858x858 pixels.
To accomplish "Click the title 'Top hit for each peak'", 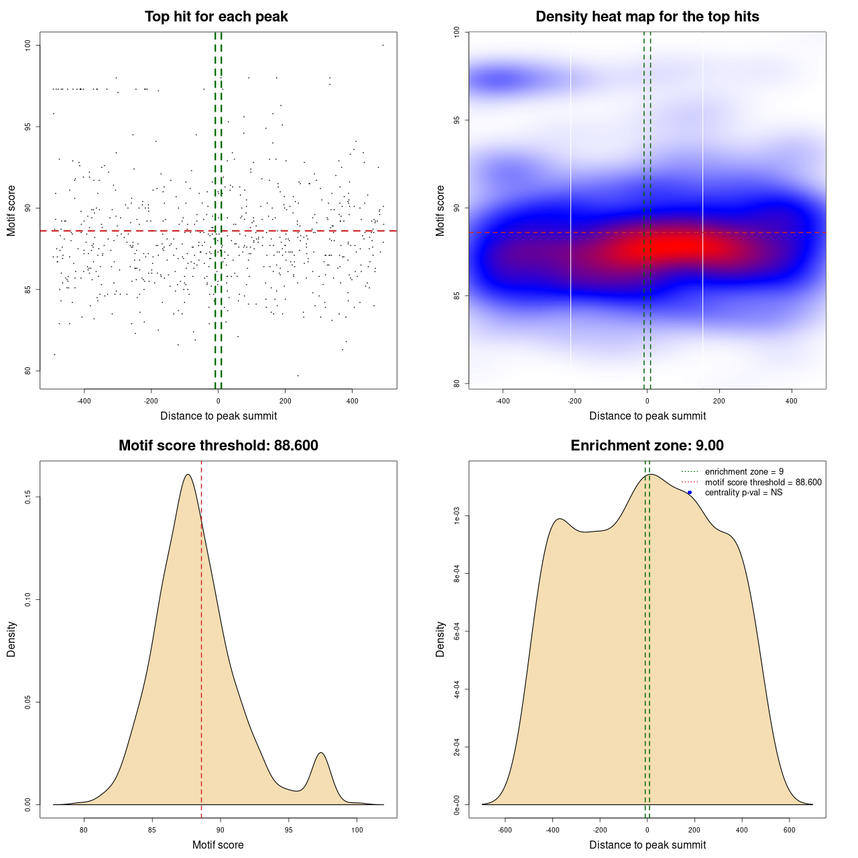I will tap(216, 17).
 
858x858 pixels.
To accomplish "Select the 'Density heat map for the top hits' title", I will tap(647, 17).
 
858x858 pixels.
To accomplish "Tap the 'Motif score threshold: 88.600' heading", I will tap(218, 446).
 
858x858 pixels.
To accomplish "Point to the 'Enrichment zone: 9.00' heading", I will tap(647, 446).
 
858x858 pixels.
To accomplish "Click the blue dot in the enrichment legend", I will tap(690, 493).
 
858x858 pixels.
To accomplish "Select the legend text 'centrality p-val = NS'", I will tap(743, 493).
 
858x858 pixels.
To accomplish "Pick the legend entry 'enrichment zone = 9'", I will tap(744, 472).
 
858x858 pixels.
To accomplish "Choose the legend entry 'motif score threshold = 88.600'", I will tap(763, 483).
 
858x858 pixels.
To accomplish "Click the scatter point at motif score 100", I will tap(383, 45).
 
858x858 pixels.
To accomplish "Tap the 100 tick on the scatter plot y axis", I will tap(29, 45).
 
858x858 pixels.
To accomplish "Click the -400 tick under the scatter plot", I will tap(84, 401).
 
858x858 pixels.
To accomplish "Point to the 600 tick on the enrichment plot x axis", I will tap(790, 830).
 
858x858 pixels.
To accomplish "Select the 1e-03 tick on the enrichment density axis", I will tap(457, 516).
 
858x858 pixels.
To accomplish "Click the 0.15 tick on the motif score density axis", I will tap(29, 497).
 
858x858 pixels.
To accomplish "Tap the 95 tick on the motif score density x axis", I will tap(288, 830).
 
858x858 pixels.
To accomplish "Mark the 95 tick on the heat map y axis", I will tap(457, 120).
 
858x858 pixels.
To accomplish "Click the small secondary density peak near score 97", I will tap(322, 753).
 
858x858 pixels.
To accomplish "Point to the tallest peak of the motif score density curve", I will tap(188, 475).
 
